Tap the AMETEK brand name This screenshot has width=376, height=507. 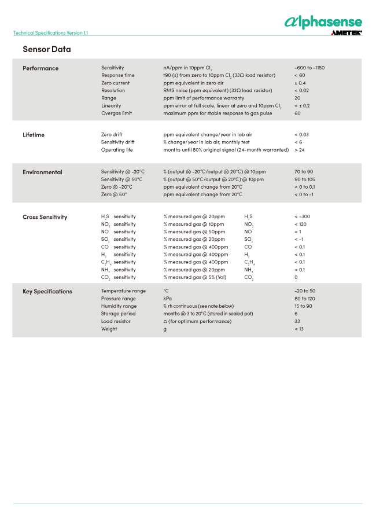click(346, 33)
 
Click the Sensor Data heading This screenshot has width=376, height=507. click(47, 49)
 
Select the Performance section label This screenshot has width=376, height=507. click(40, 68)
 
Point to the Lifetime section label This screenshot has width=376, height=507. click(34, 135)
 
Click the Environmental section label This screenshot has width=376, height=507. click(42, 172)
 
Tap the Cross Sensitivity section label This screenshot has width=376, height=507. click(45, 217)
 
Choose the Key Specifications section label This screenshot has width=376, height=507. click(47, 291)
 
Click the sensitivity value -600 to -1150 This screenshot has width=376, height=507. click(309, 68)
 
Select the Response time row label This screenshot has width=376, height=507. click(117, 75)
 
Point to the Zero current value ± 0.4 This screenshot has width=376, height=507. click(300, 83)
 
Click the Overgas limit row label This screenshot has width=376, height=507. click(116, 113)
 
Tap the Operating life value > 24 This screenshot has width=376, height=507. click(299, 150)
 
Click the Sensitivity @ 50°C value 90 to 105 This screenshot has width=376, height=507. click(304, 179)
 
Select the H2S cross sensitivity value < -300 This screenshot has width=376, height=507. click(302, 216)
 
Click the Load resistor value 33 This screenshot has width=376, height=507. click(297, 321)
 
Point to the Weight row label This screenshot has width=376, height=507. click(109, 329)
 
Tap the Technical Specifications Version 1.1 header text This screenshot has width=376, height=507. click(50, 33)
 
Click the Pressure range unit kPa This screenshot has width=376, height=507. click(168, 299)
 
